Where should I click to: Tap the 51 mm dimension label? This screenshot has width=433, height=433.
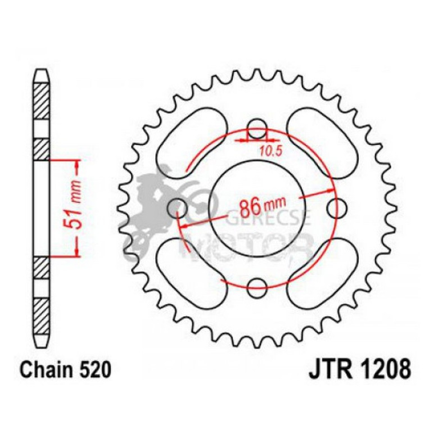click(x=79, y=208)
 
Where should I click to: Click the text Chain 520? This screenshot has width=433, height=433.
click(x=61, y=371)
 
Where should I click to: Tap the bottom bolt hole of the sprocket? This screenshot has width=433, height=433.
click(x=257, y=285)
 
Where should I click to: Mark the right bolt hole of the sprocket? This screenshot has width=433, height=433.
click(x=336, y=205)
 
